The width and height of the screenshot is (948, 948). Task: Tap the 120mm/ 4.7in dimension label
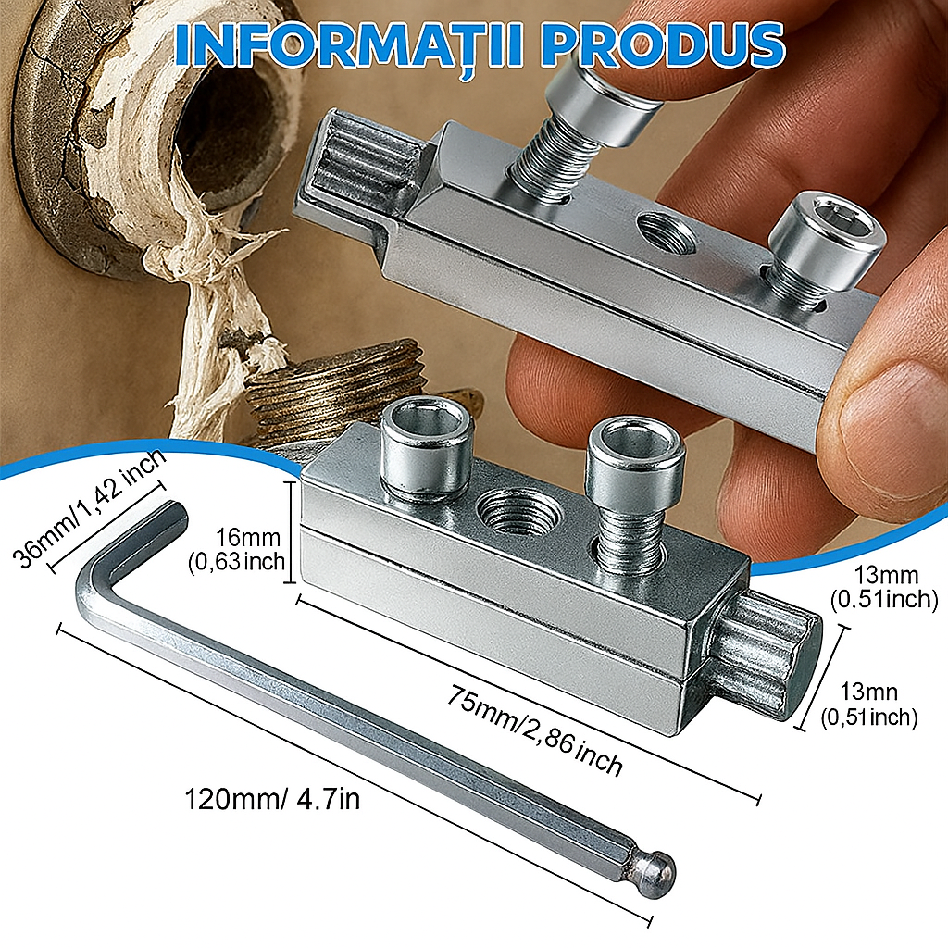pyautogui.click(x=272, y=798)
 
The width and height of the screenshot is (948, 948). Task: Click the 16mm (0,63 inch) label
pyautogui.click(x=236, y=549)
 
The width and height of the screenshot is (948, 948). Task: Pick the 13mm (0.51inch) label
pyautogui.click(x=884, y=588)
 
